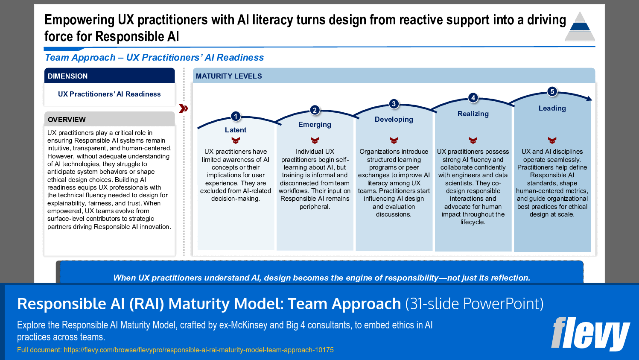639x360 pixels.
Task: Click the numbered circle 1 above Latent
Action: coord(236,116)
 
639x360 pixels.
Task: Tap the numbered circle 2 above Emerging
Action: coord(315,110)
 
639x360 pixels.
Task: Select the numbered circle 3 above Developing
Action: coord(394,104)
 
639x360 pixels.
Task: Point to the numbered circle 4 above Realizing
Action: coord(473,98)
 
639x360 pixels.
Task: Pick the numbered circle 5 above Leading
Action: coord(552,91)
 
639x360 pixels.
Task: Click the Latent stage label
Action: coord(236,130)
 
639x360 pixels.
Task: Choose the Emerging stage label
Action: coord(315,125)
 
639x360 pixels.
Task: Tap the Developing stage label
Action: coord(394,120)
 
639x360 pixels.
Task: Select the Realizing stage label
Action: coord(473,114)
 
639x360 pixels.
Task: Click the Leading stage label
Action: coord(552,108)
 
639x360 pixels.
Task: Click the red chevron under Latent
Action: coord(236,140)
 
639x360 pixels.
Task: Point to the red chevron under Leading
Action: coord(552,140)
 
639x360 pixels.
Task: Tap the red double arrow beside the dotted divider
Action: coord(184,108)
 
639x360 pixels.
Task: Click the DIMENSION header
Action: coord(68,76)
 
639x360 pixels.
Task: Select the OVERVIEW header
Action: coord(67,120)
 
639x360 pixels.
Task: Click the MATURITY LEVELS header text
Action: coord(229,76)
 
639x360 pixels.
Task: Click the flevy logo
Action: coord(590,334)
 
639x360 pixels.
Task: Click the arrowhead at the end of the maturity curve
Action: coord(589,99)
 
